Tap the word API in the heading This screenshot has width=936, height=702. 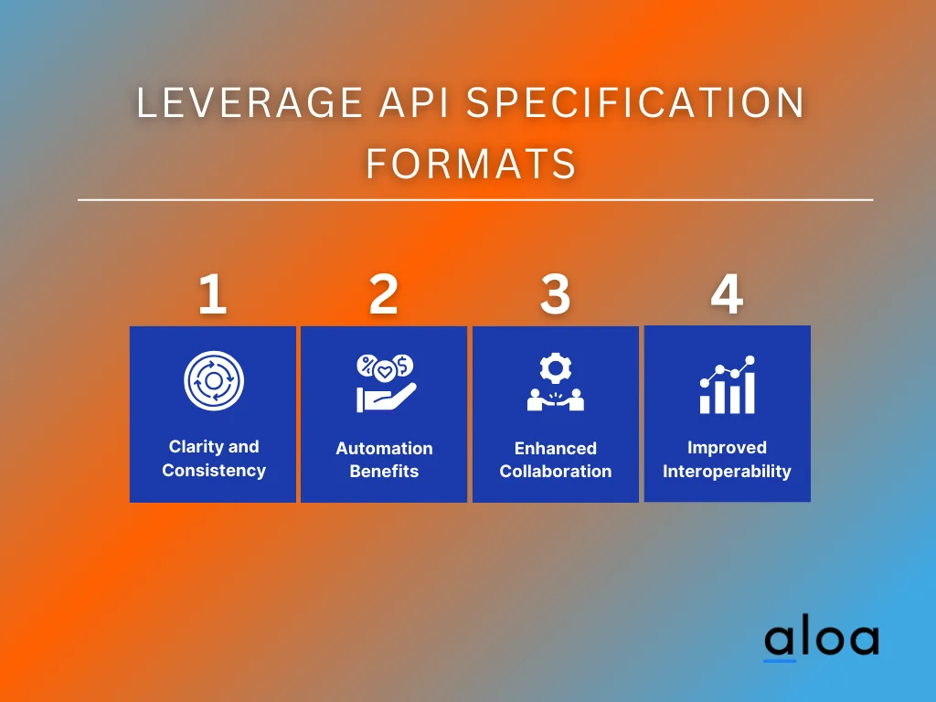tap(408, 103)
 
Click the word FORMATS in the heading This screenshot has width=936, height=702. tap(471, 164)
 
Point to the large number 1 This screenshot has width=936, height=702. tap(212, 295)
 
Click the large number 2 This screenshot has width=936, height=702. tap(384, 295)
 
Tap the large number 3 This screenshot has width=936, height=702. tap(555, 295)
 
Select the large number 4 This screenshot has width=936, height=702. tap(727, 295)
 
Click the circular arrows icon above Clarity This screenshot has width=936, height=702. tap(213, 380)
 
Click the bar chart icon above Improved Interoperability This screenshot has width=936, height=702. tap(728, 386)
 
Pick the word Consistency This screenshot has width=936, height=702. tap(214, 471)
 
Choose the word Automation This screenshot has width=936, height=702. tap(384, 449)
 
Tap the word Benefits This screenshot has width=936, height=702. tap(384, 472)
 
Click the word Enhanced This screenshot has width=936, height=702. tap(555, 449)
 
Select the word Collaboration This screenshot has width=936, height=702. tap(555, 472)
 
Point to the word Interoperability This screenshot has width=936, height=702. tap(727, 472)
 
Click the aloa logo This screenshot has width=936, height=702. tap(821, 640)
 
